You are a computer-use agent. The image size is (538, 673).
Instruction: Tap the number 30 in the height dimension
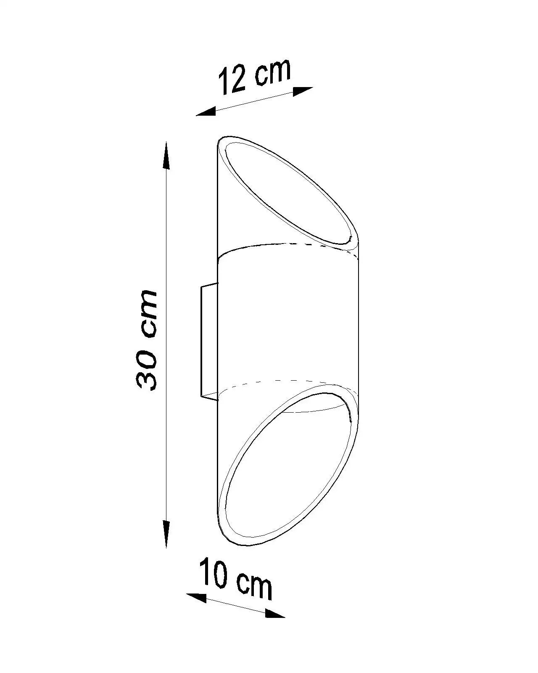coord(146,371)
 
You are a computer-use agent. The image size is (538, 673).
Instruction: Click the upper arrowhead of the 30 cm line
coord(166,156)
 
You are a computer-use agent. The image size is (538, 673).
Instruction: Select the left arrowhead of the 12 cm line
coord(206,111)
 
